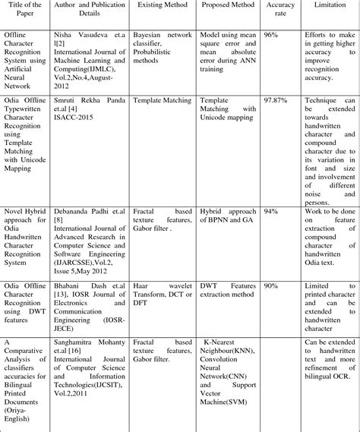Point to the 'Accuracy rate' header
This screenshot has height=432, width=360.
279,11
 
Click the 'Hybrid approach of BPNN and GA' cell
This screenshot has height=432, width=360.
228,213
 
